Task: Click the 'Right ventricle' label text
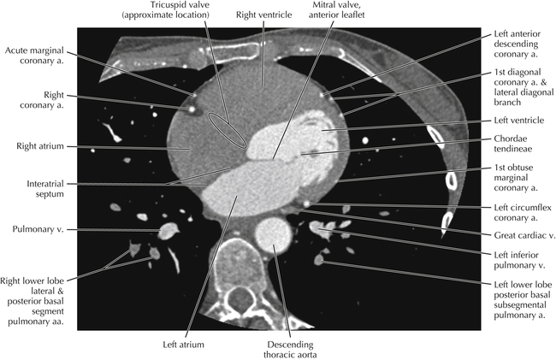point(263,15)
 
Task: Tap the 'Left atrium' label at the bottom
point(183,345)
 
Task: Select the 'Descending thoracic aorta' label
point(290,350)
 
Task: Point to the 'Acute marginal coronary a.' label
point(34,56)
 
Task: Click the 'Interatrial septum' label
point(45,189)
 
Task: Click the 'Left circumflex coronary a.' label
point(523,213)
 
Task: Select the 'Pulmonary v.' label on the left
point(38,229)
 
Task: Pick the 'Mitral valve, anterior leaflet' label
point(336,10)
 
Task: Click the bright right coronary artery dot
point(192,109)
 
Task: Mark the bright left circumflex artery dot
point(307,204)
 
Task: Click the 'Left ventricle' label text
point(518,121)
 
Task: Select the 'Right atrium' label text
point(40,146)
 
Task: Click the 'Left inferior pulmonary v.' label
point(517,260)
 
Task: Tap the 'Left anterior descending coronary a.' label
point(517,44)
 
